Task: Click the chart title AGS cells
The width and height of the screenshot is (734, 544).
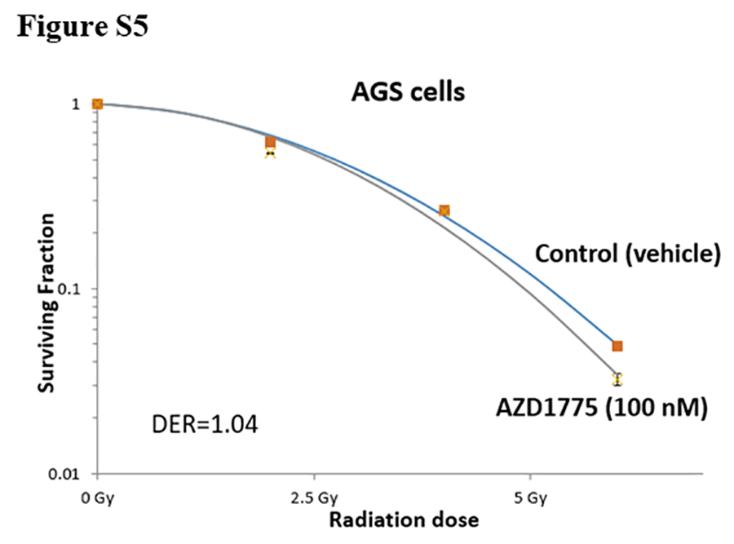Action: pos(408,91)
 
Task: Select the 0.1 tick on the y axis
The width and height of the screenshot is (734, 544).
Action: pos(71,289)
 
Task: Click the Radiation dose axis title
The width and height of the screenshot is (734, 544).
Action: pos(403,520)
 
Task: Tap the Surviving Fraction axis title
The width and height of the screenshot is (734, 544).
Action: pos(47,302)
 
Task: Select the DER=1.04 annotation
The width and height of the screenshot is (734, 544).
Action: pos(206,424)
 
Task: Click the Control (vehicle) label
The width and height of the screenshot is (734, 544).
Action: pos(628,254)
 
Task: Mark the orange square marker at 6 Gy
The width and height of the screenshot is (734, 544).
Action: pos(617,346)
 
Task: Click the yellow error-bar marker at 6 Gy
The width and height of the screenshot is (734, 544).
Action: pos(617,379)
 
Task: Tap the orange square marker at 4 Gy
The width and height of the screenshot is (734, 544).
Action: pos(444,210)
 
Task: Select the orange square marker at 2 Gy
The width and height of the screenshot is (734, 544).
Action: pos(271,142)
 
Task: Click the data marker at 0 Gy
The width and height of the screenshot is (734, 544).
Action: pos(97,104)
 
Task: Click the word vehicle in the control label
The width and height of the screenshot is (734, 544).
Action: pos(675,254)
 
